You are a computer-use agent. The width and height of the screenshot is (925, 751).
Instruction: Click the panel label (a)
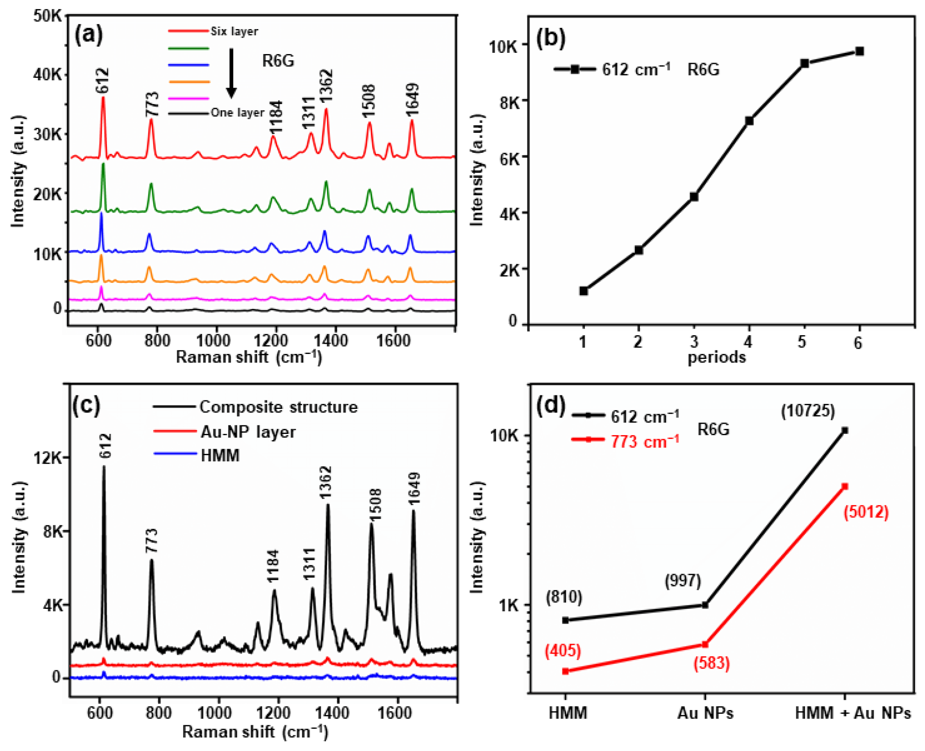coord(89,34)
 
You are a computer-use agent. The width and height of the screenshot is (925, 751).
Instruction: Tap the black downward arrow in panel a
coord(231,73)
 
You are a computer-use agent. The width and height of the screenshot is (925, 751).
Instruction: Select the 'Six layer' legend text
coord(234,31)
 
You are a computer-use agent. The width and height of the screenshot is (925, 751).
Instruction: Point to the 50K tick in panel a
coord(48,16)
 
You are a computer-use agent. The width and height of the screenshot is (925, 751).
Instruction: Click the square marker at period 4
coord(749,121)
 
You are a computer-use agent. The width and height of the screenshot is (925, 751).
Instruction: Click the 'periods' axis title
coord(716,357)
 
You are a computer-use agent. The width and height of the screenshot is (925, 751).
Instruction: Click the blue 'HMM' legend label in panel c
coord(220,455)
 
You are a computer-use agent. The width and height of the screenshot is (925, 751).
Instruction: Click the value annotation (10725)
coord(807,411)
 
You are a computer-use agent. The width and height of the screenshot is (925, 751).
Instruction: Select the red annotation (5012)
coord(866,512)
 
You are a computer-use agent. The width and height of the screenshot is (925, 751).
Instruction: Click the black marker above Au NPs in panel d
coord(705,605)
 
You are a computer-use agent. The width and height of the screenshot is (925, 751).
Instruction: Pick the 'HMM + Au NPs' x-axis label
coord(853,713)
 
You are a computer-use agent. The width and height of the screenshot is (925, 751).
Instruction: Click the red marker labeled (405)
coord(565,672)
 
